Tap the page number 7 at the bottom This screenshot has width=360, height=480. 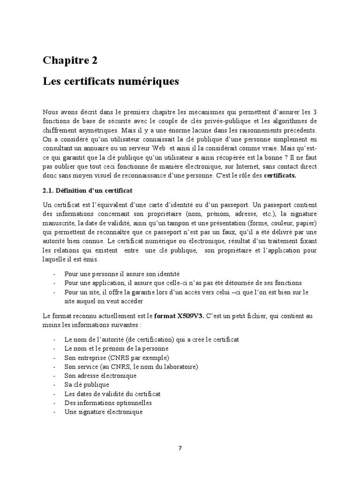coord(180,448)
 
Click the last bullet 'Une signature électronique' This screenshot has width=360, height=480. coord(104,412)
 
